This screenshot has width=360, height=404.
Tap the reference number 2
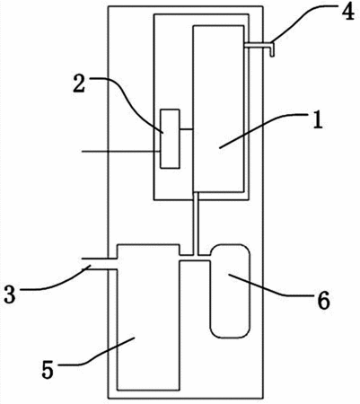(x=79, y=84)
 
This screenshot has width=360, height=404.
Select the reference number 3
(x=10, y=294)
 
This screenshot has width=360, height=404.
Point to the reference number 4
(x=347, y=11)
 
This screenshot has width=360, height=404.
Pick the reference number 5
(x=48, y=369)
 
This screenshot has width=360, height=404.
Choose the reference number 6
(x=323, y=301)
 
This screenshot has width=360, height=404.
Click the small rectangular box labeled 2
(x=170, y=138)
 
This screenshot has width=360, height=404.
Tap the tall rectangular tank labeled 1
(x=218, y=109)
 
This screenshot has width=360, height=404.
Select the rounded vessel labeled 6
(x=230, y=291)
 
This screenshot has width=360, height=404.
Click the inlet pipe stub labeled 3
(x=100, y=264)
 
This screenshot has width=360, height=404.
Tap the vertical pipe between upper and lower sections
(x=196, y=224)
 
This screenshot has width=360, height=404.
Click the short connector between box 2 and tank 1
(x=187, y=129)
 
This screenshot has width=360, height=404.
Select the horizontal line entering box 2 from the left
(x=121, y=152)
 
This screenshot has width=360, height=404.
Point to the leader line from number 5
(x=99, y=353)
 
